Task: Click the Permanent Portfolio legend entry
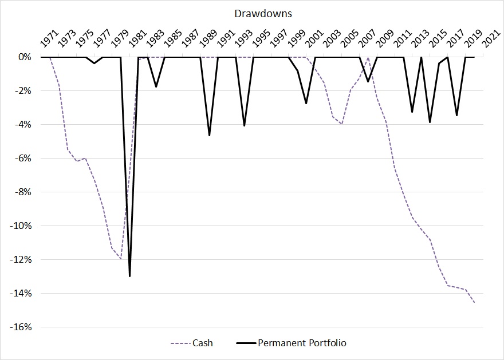coord(302,343)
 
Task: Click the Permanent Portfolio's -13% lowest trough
coord(130,276)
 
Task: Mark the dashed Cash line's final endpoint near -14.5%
coord(474,302)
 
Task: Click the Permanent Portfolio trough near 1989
coord(209,135)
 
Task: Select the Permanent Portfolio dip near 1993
coord(245,125)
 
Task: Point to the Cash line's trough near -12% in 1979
coord(121,259)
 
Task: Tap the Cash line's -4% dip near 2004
coord(341,124)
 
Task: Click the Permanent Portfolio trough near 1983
coord(156,86)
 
